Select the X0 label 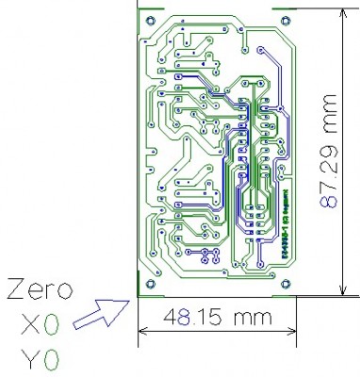point(39,325)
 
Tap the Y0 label point(39,359)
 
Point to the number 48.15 point(185,318)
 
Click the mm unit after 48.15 point(242,319)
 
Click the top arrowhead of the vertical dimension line point(339,16)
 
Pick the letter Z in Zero point(14,291)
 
